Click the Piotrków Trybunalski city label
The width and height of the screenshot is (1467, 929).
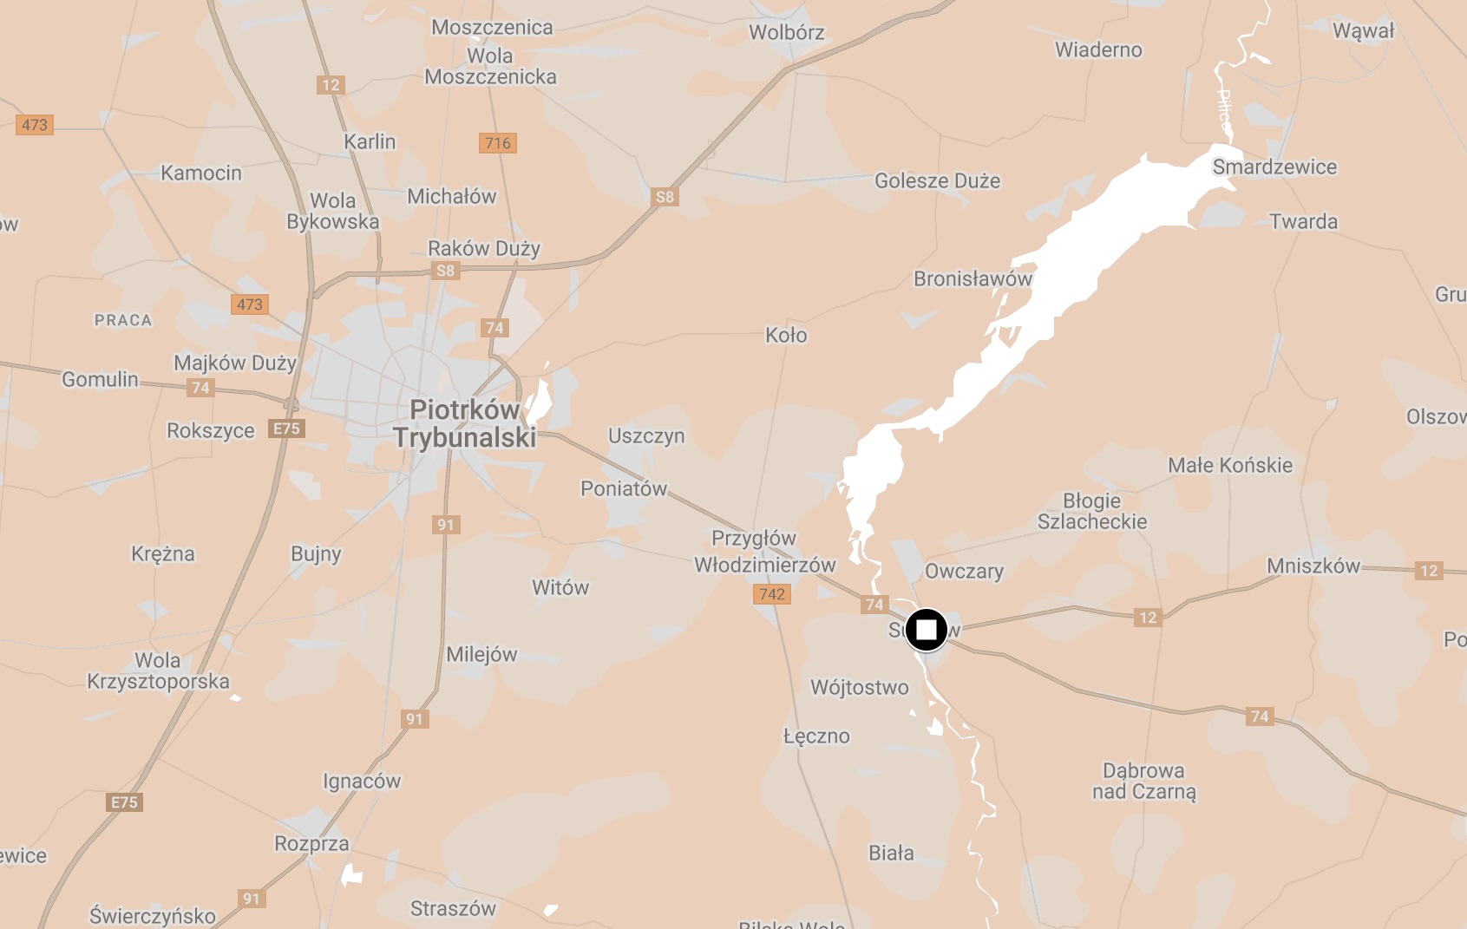(x=464, y=423)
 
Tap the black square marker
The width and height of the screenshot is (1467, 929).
(x=927, y=630)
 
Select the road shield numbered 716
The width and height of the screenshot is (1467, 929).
(x=498, y=143)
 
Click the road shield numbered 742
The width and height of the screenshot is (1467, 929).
(x=771, y=594)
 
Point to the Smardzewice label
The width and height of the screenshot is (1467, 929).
(x=1274, y=167)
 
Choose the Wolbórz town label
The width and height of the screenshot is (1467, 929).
(x=786, y=32)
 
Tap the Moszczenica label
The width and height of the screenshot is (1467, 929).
(x=492, y=27)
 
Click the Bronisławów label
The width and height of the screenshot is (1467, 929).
(x=973, y=278)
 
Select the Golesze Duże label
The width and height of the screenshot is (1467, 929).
(x=937, y=180)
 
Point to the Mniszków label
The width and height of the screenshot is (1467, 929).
(x=1313, y=566)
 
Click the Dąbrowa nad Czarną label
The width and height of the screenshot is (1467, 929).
(x=1143, y=781)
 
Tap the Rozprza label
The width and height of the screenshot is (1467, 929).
(x=311, y=843)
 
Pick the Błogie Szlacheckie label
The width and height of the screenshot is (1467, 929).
(x=1092, y=511)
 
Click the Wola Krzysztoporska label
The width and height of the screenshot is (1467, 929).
(x=158, y=671)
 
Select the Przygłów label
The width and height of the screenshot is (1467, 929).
(x=753, y=538)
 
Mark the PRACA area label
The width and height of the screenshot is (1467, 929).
(x=123, y=320)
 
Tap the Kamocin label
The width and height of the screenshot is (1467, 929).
(x=201, y=173)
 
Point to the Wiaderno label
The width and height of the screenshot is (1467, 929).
(x=1098, y=49)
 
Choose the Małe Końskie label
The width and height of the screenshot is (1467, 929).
(x=1229, y=465)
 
